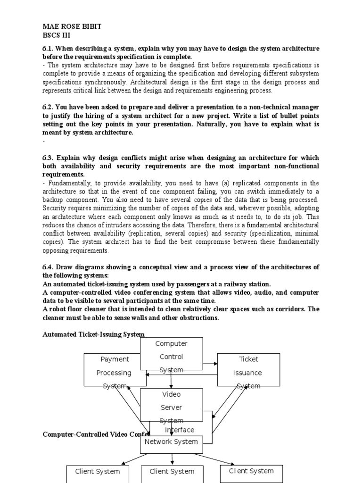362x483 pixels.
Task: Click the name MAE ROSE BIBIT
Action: pos(72,27)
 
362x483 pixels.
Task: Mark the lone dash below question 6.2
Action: pos(43,141)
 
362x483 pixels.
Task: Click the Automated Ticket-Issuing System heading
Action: pos(93,334)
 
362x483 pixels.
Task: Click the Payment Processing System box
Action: pos(115,369)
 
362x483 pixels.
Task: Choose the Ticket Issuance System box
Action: pos(248,369)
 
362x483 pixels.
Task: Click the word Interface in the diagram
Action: pos(180,430)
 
